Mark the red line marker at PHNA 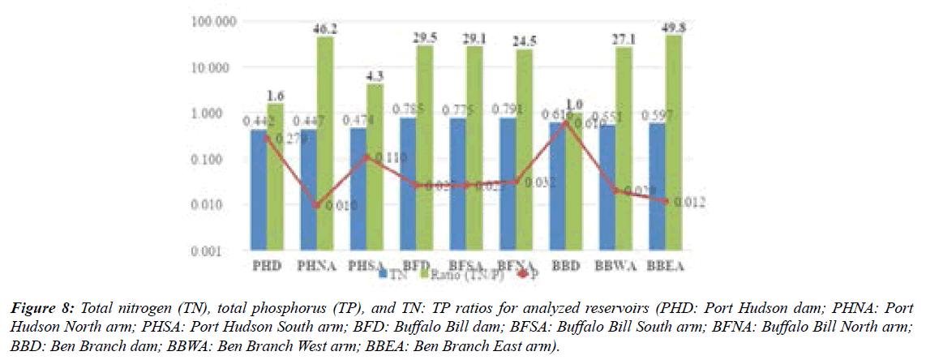(316, 205)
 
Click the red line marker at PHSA (366, 156)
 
